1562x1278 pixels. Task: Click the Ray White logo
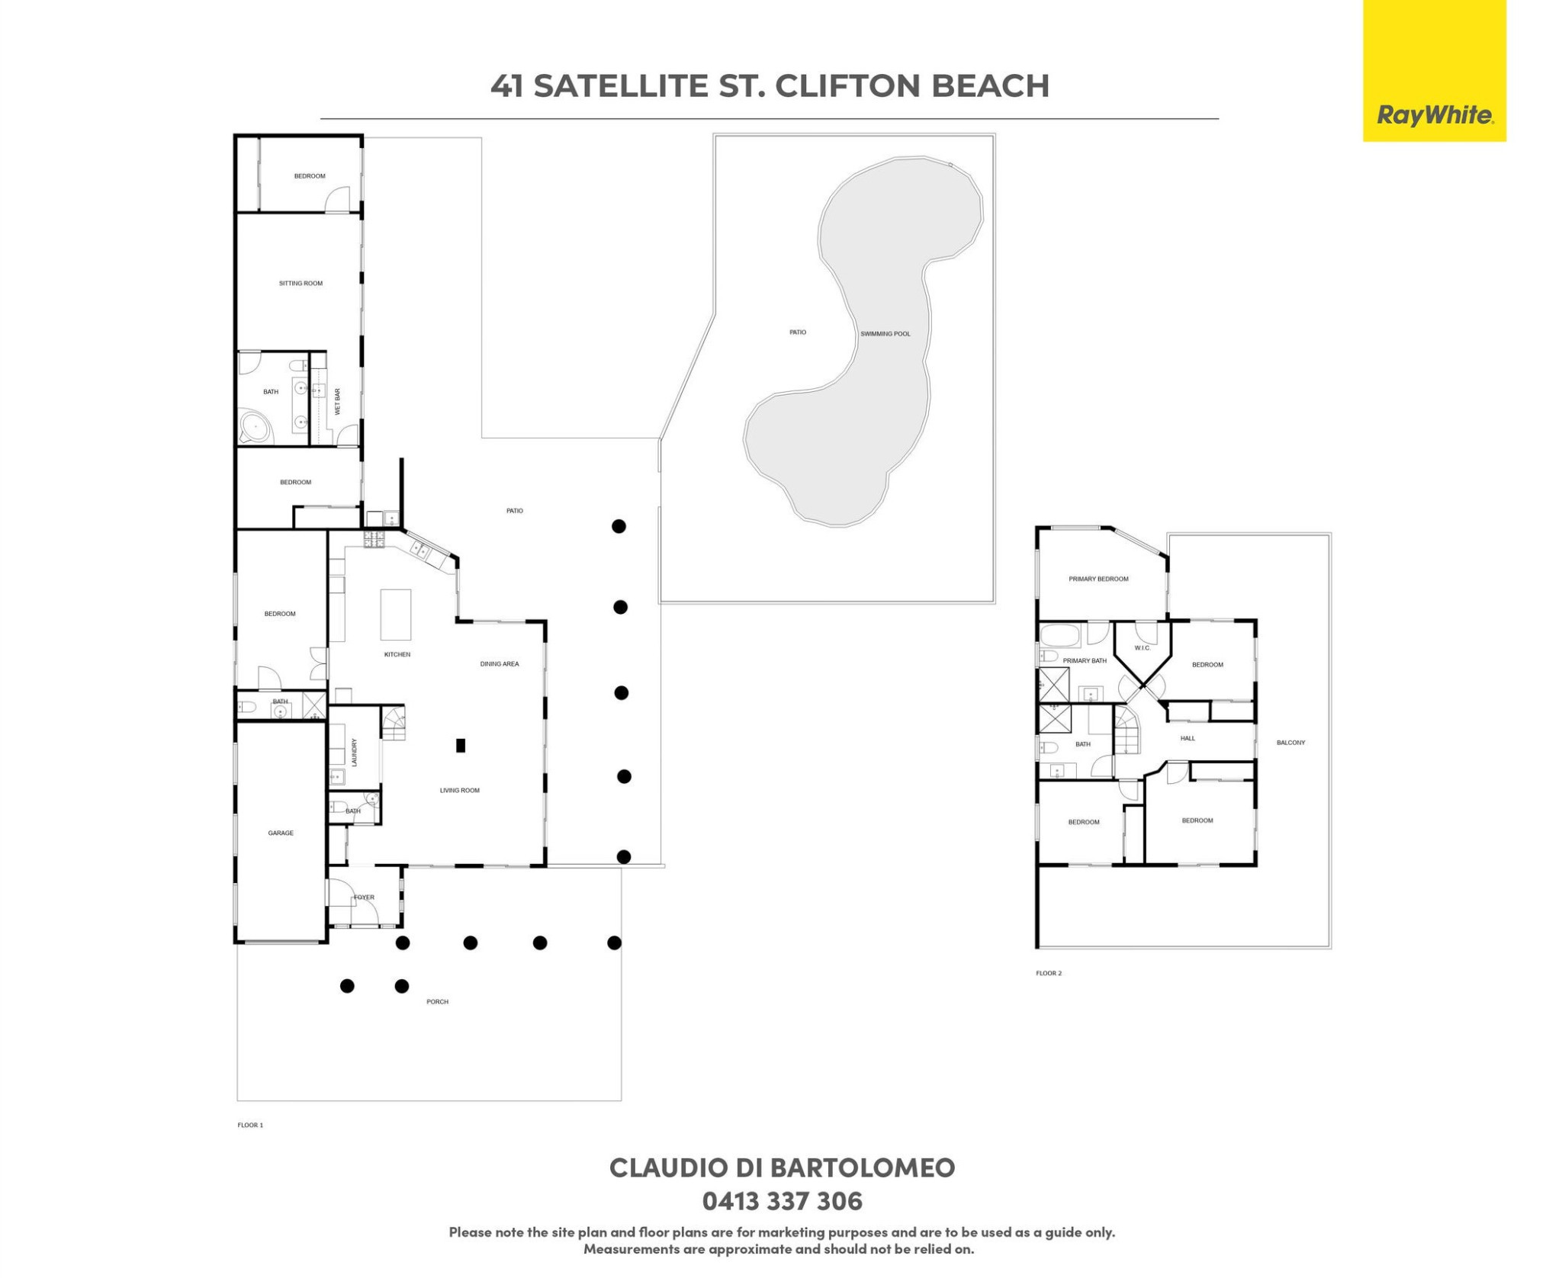(x=1434, y=70)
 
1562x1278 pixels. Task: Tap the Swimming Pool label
(x=885, y=334)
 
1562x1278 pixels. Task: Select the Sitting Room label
(x=301, y=284)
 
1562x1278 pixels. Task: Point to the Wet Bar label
(x=337, y=402)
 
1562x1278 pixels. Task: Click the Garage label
(x=281, y=833)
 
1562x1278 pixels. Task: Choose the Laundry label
(x=354, y=752)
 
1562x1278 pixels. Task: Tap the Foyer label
(x=364, y=897)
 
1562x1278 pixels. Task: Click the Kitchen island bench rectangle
(x=396, y=615)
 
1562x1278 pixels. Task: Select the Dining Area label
(x=500, y=664)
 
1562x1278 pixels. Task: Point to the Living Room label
(x=460, y=791)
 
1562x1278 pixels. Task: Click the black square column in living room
(x=461, y=746)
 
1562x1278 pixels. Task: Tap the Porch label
(x=437, y=1002)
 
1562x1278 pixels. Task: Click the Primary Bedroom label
(x=1098, y=580)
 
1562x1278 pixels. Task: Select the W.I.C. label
(x=1142, y=648)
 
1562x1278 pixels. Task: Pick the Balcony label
(x=1290, y=743)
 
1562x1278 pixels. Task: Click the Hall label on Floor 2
(x=1188, y=738)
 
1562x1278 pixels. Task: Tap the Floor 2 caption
(x=1049, y=973)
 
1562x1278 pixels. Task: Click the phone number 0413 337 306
(x=782, y=1202)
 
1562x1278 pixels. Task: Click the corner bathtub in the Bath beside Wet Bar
(x=256, y=428)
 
